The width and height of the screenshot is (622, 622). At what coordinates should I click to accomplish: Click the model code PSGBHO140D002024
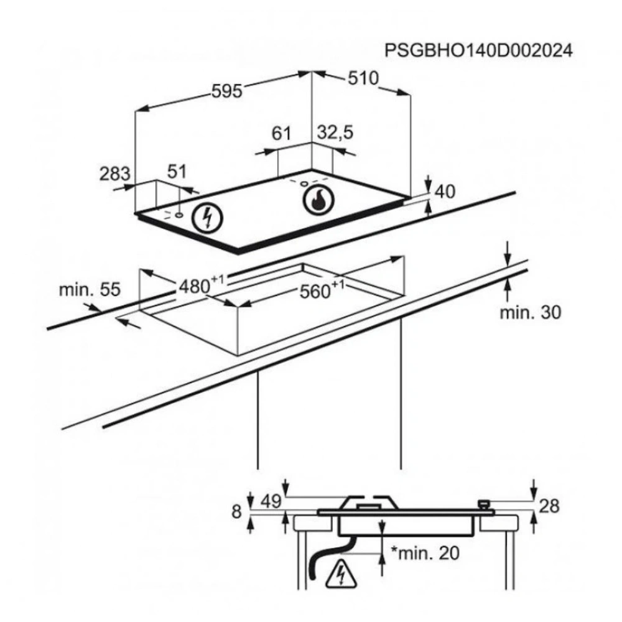(478, 50)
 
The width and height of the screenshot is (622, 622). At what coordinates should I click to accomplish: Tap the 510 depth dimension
(363, 79)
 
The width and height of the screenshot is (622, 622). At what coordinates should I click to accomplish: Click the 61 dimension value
(281, 132)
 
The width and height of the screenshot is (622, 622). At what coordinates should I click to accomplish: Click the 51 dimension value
(177, 172)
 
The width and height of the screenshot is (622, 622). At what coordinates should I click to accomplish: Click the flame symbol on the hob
(318, 199)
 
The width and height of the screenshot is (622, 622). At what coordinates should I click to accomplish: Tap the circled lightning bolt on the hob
(208, 218)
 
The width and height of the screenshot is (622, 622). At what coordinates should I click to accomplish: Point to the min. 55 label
(89, 289)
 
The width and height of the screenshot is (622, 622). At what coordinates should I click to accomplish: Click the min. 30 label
(531, 312)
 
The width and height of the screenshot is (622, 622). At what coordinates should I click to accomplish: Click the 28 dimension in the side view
(550, 506)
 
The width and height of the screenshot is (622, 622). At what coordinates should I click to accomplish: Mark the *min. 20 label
(425, 554)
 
